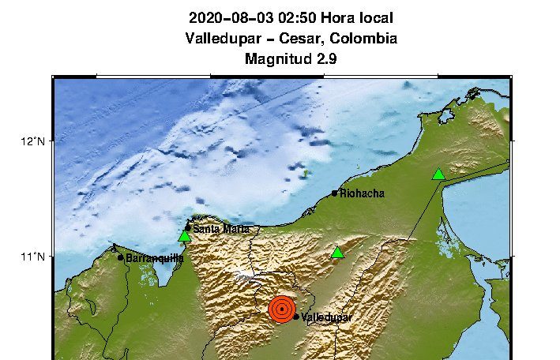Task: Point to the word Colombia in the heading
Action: point(364,38)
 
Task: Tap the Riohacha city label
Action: point(362,193)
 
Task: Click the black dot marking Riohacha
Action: point(335,193)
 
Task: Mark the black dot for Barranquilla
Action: point(121,257)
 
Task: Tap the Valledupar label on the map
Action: point(326,317)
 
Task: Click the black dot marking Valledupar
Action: point(296,317)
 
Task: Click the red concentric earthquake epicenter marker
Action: point(281,309)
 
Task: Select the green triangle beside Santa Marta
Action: point(185,236)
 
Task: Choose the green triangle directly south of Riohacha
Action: point(338,253)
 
